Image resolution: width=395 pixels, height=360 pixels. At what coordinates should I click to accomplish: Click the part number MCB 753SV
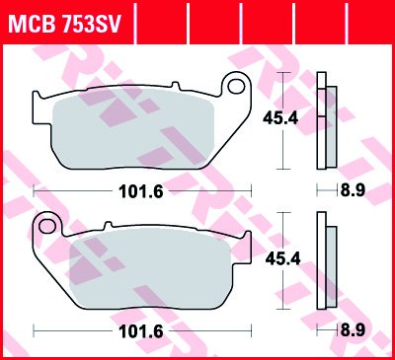click(x=65, y=24)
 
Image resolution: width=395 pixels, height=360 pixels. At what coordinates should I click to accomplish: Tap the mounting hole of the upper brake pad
click(x=236, y=87)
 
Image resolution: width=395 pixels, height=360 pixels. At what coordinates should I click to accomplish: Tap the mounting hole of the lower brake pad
click(x=46, y=226)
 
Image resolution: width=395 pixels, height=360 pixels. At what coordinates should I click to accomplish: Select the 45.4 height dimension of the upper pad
click(x=280, y=118)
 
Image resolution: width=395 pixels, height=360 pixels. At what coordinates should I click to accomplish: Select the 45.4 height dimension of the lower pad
click(x=283, y=259)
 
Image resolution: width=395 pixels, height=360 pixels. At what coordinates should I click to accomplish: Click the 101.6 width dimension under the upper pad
click(x=141, y=191)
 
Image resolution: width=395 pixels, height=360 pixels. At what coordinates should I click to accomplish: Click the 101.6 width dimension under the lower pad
click(x=141, y=331)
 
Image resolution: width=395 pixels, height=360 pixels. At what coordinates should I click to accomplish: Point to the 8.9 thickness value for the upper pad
click(x=353, y=190)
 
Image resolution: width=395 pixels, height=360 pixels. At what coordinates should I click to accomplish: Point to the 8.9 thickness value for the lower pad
click(x=353, y=330)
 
